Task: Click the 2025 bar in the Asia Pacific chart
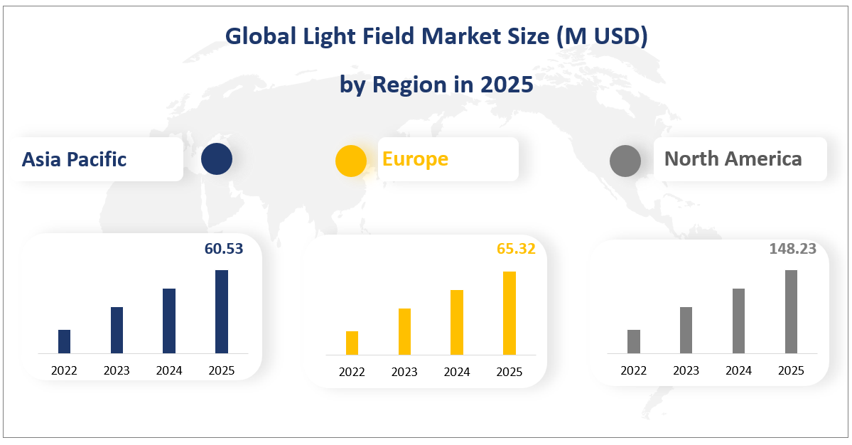click(x=222, y=311)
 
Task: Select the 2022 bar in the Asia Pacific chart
click(x=64, y=341)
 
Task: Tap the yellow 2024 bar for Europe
click(x=457, y=322)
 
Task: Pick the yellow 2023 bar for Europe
click(x=404, y=331)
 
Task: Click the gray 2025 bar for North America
click(x=791, y=311)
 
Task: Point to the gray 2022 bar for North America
click(x=634, y=341)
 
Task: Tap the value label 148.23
click(x=792, y=249)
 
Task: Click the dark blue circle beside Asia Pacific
click(x=217, y=159)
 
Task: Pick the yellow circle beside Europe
click(x=351, y=160)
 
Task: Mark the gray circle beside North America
click(x=625, y=161)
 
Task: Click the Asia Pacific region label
click(x=74, y=159)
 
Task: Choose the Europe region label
click(x=415, y=159)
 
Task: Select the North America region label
click(x=733, y=159)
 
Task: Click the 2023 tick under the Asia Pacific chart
click(x=117, y=370)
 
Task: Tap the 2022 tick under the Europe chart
click(x=352, y=372)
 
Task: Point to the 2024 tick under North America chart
click(x=738, y=370)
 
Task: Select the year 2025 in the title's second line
click(x=506, y=85)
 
